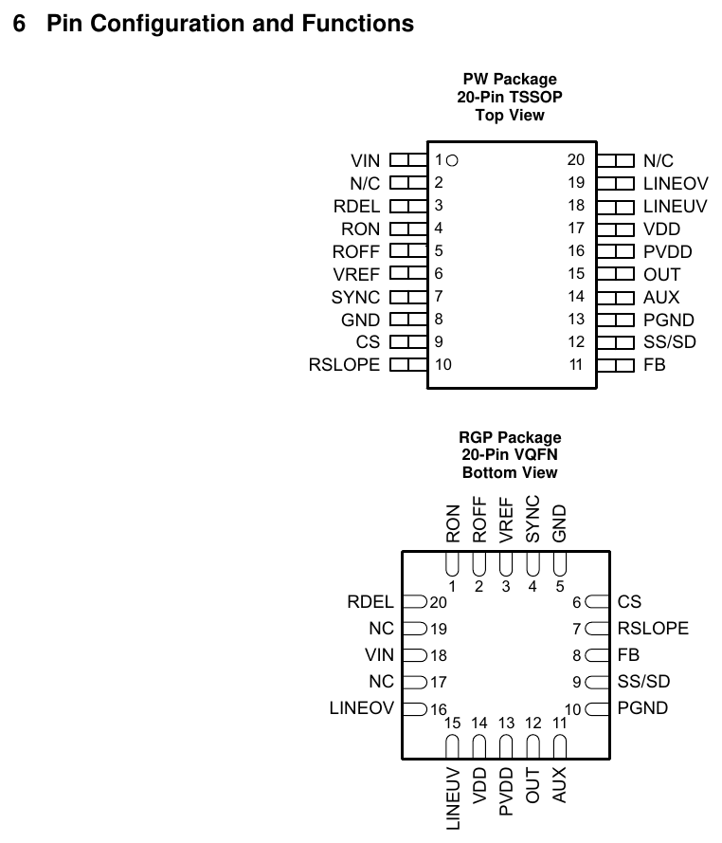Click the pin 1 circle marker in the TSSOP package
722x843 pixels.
(452, 160)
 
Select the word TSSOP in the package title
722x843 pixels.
(535, 98)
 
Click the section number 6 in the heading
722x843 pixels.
(19, 24)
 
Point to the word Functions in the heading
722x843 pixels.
(358, 24)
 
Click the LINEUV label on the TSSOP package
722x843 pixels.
(676, 207)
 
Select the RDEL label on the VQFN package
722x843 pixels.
(370, 602)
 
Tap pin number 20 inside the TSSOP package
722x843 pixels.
(576, 159)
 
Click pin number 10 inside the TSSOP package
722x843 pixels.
(443, 364)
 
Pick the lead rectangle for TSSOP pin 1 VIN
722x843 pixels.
(408, 160)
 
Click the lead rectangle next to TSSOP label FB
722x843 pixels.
(616, 365)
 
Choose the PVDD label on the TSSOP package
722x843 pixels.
(668, 252)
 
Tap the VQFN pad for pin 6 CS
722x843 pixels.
(597, 601)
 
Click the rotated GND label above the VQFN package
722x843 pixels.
(559, 523)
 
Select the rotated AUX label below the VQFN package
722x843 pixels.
(559, 785)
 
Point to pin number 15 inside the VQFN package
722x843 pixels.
(452, 724)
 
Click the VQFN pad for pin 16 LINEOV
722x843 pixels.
(415, 708)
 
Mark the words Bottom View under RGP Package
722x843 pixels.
(510, 473)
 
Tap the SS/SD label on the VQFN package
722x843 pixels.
(643, 682)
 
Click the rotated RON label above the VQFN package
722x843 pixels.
(453, 523)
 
